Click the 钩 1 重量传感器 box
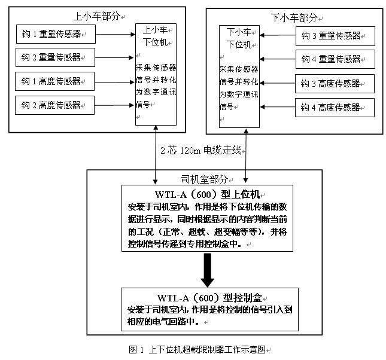click(x=56, y=34)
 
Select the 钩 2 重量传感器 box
click(x=56, y=57)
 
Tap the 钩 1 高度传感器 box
click(x=54, y=81)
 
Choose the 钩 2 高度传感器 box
click(x=54, y=105)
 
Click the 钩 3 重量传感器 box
click(x=335, y=36)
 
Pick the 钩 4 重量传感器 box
click(x=335, y=59)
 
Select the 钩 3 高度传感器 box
click(x=335, y=84)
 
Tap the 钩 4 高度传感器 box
click(x=335, y=108)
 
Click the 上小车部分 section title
click(x=97, y=16)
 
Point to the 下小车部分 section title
click(x=294, y=18)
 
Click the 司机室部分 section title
click(x=204, y=179)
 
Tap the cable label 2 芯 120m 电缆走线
click(x=201, y=150)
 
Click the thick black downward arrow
click(x=208, y=270)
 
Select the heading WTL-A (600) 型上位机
click(x=208, y=194)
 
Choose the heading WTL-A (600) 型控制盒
click(x=209, y=298)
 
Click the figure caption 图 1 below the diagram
click(x=197, y=349)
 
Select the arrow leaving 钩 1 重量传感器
click(x=116, y=35)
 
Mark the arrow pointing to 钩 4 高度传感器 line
click(x=278, y=107)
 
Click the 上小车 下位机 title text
click(x=156, y=36)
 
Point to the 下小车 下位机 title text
click(x=239, y=38)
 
